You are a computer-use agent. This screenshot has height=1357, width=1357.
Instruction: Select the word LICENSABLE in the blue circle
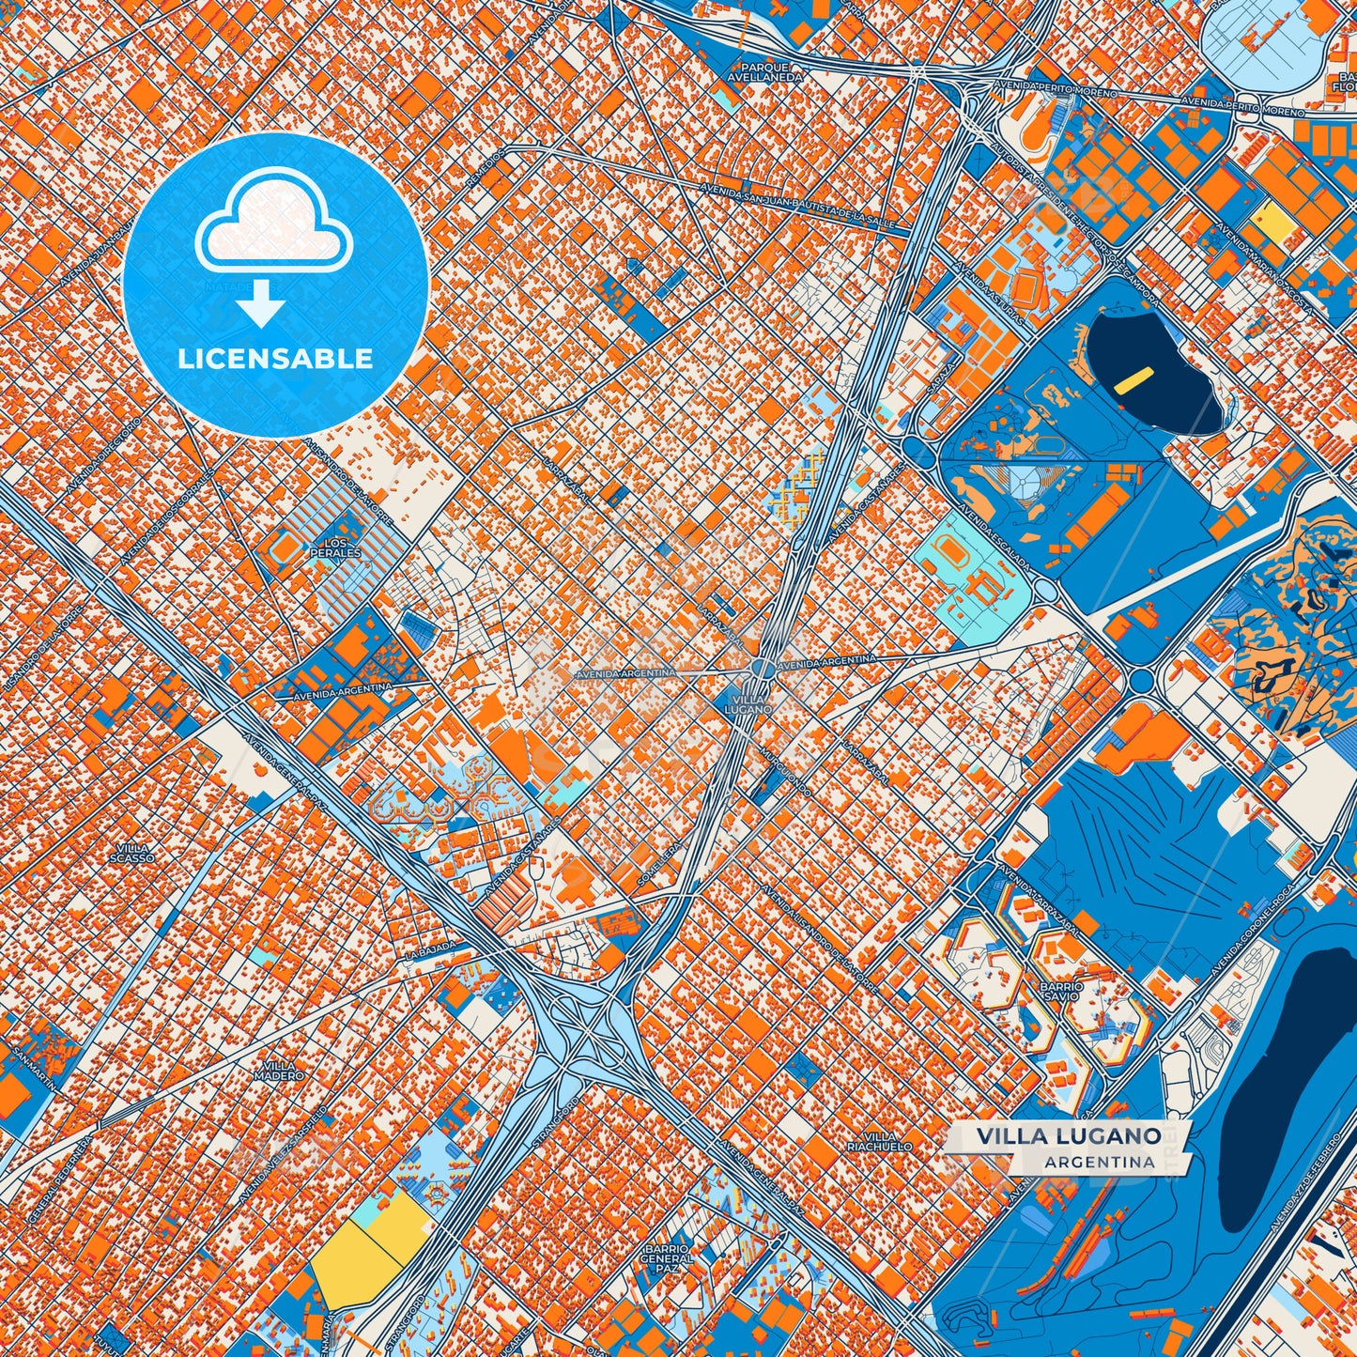pyautogui.click(x=275, y=359)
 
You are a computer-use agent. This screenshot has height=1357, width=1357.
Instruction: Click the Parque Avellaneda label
pyautogui.click(x=771, y=72)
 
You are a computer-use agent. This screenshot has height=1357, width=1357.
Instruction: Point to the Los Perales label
pyautogui.click(x=335, y=548)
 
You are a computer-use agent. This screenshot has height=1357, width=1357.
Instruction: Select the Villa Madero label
pyautogui.click(x=284, y=1071)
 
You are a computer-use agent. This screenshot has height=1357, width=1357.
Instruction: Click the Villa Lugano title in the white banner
pyautogui.click(x=1068, y=1135)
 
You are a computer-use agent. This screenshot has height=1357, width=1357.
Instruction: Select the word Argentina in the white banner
pyautogui.click(x=1098, y=1162)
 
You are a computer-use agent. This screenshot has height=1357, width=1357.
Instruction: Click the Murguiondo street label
pyautogui.click(x=786, y=773)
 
